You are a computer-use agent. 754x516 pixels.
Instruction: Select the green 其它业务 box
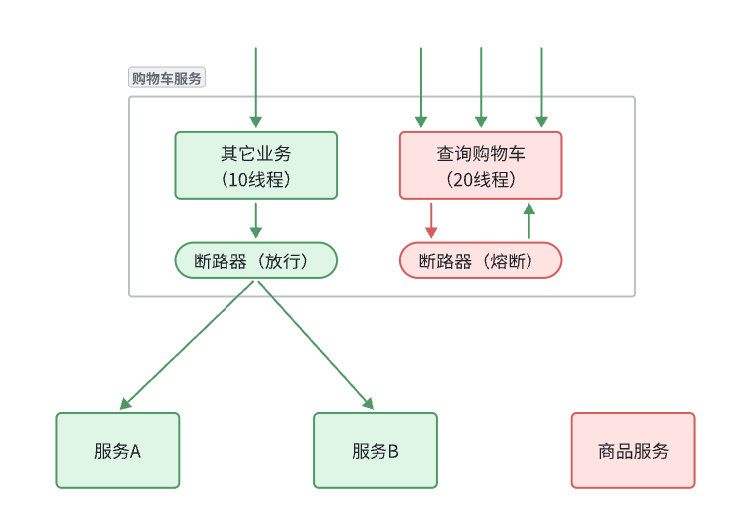255,165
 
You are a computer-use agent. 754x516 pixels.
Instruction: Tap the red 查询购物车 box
481,165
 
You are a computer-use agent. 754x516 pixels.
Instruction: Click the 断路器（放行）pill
255,260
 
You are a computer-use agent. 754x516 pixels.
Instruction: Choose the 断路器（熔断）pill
481,260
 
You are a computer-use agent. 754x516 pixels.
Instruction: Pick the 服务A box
117,450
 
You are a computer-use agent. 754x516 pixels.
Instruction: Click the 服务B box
375,450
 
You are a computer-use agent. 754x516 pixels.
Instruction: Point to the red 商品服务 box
633,450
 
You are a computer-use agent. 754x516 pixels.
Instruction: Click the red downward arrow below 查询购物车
431,220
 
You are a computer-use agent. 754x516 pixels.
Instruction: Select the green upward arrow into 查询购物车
528,220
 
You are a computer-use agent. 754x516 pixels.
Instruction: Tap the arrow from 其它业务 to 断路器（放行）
256,220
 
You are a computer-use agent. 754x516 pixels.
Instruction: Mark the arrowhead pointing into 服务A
124,405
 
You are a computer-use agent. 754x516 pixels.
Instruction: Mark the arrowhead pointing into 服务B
369,405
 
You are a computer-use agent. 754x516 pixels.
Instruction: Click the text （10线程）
255,180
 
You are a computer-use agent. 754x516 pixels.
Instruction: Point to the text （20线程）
481,180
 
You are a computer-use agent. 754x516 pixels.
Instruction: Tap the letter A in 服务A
135,451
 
